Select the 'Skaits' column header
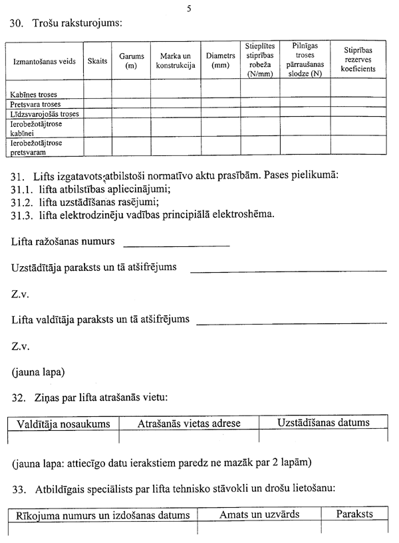click(97, 61)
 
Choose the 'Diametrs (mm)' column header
click(221, 61)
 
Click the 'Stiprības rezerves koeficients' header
click(359, 60)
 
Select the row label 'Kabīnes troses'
click(34, 94)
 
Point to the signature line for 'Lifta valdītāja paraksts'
click(291, 323)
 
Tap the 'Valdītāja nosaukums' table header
click(63, 424)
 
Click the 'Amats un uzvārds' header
click(259, 515)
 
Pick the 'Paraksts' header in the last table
click(354, 515)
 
